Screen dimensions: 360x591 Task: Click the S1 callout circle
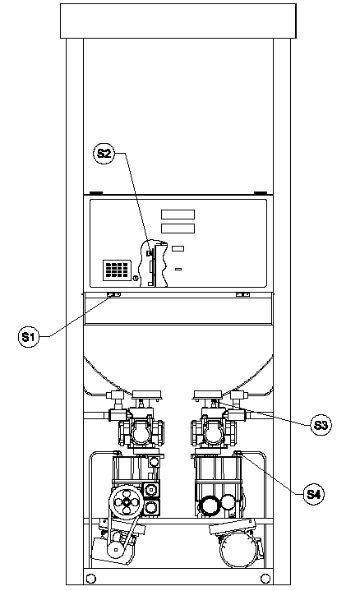point(29,336)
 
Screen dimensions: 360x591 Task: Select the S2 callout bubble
point(104,154)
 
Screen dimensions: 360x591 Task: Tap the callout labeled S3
point(321,425)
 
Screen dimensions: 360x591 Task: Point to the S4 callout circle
point(314,494)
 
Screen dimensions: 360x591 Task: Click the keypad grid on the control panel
point(118,270)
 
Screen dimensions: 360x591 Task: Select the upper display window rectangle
point(178,215)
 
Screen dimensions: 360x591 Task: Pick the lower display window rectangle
point(178,229)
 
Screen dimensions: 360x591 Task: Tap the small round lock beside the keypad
point(136,279)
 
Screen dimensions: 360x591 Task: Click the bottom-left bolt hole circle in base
point(91,578)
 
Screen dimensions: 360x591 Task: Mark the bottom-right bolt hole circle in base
point(265,578)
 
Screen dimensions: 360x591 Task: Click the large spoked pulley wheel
point(127,502)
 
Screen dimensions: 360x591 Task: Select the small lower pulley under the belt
point(114,551)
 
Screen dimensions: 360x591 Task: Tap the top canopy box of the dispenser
point(178,21)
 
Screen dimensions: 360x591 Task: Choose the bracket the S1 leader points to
point(113,294)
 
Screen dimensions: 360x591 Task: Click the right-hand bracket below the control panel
point(242,294)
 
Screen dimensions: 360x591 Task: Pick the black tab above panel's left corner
point(95,193)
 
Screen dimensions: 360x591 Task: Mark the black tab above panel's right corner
point(261,193)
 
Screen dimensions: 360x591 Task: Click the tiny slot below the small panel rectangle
point(178,269)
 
